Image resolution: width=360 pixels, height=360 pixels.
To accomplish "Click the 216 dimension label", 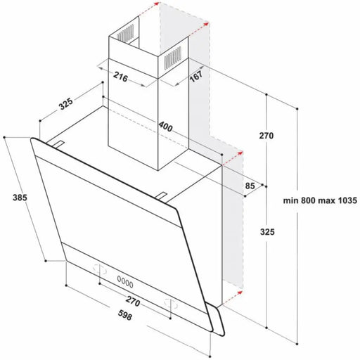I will click(x=120, y=79).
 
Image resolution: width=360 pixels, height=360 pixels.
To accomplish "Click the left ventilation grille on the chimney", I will click(x=124, y=33).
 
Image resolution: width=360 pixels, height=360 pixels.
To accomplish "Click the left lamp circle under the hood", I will click(x=98, y=268).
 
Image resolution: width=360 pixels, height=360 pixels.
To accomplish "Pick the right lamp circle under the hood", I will click(x=169, y=302).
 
